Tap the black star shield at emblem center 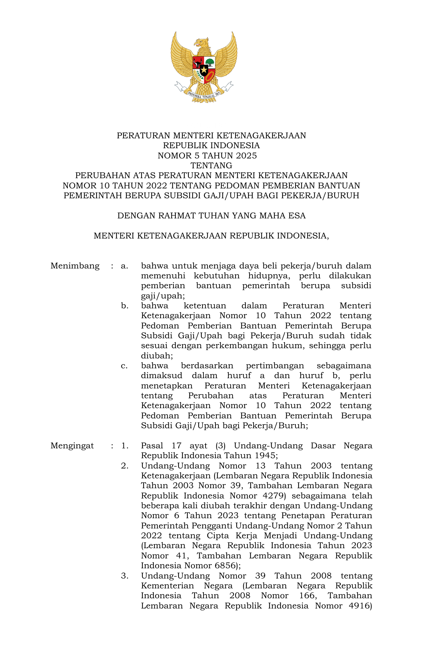[x=204, y=70]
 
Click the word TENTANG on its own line [x=211, y=166]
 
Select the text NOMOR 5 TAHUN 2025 [x=207, y=156]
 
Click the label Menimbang [x=75, y=266]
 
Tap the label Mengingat [x=72, y=446]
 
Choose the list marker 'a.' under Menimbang [x=124, y=266]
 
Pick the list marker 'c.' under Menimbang [x=124, y=366]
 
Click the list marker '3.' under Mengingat [x=125, y=576]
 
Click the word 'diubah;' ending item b [x=157, y=356]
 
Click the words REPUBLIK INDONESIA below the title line [x=211, y=145]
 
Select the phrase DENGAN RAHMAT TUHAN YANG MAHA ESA [x=211, y=216]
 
